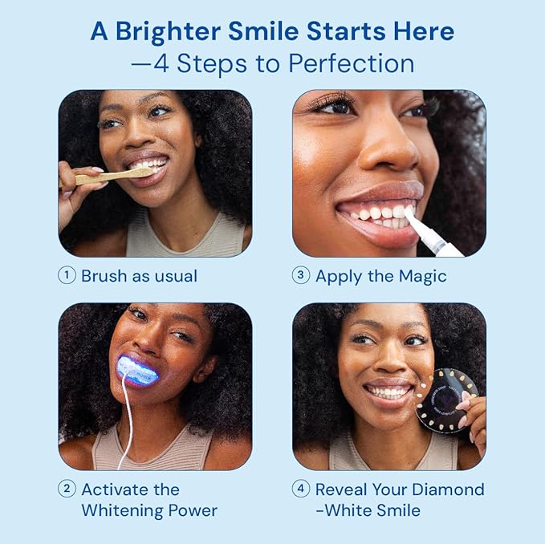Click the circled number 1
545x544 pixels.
(x=67, y=275)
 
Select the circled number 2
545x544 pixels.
(x=67, y=489)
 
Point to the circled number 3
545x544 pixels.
(x=301, y=275)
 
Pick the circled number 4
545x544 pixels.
(x=301, y=489)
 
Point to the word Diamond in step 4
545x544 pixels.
(x=445, y=489)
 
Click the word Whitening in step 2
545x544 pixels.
(x=120, y=510)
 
